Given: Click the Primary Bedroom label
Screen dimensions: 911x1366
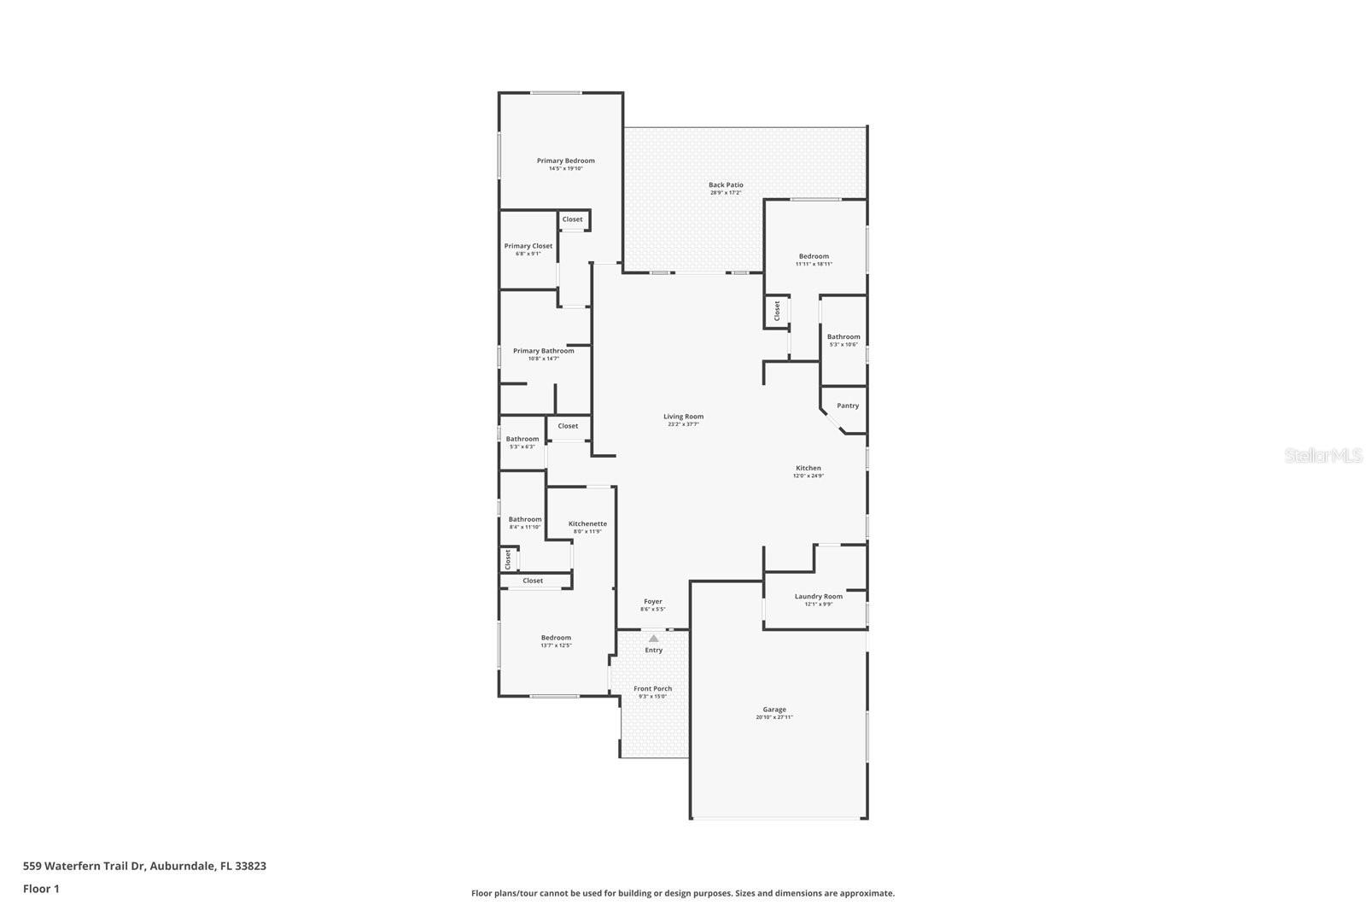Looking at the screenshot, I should pos(565,161).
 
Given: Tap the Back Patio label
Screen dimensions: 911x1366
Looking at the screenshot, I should pos(726,184).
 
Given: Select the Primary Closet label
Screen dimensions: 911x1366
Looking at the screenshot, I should pos(528,246).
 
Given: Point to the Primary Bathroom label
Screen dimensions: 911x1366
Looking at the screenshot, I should pos(543,351).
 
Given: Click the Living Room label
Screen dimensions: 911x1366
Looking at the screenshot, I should pos(683,417).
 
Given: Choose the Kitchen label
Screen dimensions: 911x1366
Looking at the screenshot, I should pos(808,468).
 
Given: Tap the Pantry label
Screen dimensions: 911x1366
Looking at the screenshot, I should pos(848,406).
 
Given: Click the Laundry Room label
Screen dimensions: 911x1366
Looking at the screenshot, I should pos(818,596).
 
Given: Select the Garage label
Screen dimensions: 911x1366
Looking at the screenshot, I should pos(774,710).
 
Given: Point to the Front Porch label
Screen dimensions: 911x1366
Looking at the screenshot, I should pos(652,688).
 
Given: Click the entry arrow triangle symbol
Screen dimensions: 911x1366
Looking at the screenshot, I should pos(653,639).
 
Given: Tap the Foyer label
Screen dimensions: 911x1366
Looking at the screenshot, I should pos(652,602).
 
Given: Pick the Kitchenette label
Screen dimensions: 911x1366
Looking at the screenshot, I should pos(587,523).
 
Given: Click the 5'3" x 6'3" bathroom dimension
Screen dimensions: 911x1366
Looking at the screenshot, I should pos(522,447).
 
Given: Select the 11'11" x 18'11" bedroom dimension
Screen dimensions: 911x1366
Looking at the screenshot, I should pos(814,264).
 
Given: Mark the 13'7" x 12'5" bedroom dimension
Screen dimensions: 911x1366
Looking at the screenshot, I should pos(556,645).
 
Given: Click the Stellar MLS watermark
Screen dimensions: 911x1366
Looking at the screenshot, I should pos(1323,456).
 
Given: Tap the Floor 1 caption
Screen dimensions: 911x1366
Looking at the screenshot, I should pos(41,889).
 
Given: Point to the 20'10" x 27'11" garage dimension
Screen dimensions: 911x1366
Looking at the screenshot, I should pos(774,717).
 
